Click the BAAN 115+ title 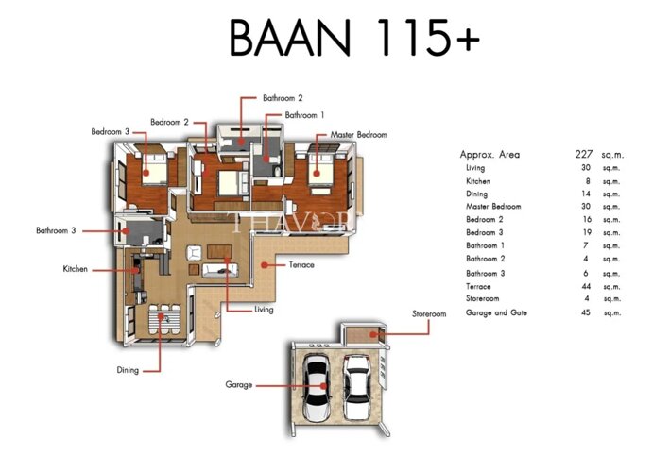(x=354, y=37)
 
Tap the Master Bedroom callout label (x=358, y=135)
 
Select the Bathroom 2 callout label (x=283, y=98)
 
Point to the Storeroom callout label (x=429, y=314)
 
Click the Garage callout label (x=238, y=385)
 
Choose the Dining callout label (x=128, y=370)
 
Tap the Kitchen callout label (x=76, y=269)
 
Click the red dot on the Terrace (x=265, y=265)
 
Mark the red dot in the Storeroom (x=373, y=334)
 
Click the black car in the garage (x=316, y=387)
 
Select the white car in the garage (x=356, y=387)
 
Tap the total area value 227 (x=584, y=154)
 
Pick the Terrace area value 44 (x=586, y=287)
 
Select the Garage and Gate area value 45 (x=586, y=312)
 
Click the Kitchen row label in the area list (x=478, y=181)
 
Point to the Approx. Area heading (x=490, y=155)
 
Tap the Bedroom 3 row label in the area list (x=485, y=232)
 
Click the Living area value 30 (x=586, y=168)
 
